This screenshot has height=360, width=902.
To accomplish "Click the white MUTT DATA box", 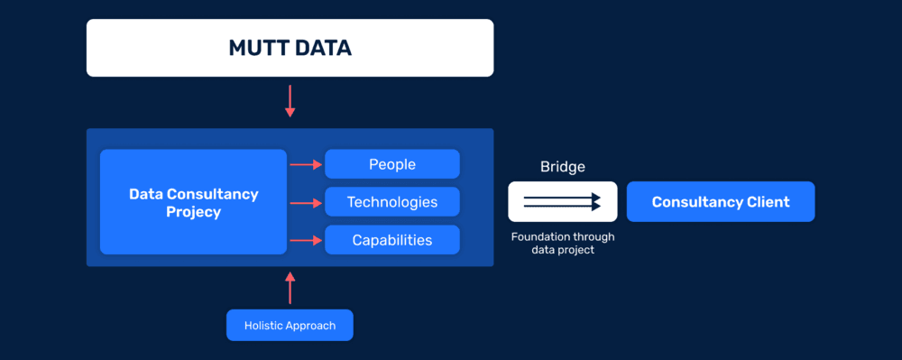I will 290,48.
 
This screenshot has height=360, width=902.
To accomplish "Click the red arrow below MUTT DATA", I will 290,100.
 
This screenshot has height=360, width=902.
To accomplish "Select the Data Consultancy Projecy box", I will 193,202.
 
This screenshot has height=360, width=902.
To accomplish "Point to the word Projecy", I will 193,212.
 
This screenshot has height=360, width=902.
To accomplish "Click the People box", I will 392,164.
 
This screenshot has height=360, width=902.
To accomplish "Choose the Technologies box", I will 392,202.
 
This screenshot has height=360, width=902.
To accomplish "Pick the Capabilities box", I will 392,240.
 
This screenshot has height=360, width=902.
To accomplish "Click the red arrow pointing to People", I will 306,164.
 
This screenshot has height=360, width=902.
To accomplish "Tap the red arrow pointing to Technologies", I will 306,202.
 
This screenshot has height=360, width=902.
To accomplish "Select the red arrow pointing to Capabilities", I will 306,240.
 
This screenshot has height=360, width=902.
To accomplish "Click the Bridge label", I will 562,167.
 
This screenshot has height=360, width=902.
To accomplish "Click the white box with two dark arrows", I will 562,202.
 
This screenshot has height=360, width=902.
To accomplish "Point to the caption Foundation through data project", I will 562,243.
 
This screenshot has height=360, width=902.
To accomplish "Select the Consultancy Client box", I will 721,202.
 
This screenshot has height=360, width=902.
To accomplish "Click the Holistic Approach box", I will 290,325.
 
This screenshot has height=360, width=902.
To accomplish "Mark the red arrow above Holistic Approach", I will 290,288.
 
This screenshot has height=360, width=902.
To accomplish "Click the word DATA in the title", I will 321,48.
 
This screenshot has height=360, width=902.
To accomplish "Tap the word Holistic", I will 265,325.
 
